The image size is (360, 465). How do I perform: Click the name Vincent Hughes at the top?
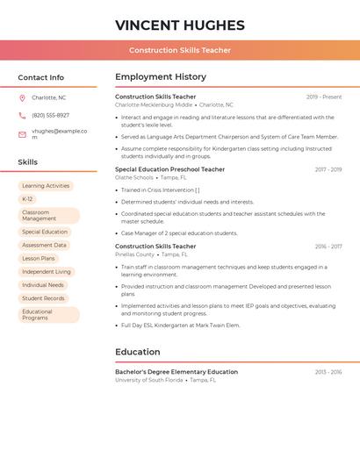[180, 25]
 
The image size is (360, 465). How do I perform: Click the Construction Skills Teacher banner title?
[180, 50]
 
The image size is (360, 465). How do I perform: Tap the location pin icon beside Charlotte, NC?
[22, 97]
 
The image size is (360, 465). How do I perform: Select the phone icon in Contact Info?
[22, 115]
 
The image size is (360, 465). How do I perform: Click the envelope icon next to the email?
[22, 134]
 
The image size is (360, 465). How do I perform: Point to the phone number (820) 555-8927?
[50, 115]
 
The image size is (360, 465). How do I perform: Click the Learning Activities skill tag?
[46, 186]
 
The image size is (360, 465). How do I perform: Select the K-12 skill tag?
[27, 199]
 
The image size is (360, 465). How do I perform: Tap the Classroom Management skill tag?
[48, 216]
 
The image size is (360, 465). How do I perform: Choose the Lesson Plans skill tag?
[39, 259]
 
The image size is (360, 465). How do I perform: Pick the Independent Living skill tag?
[47, 272]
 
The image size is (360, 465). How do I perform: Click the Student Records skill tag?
[43, 298]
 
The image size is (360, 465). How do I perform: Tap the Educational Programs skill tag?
[48, 315]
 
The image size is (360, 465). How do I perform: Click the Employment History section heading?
[161, 77]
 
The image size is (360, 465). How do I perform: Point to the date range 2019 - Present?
[324, 97]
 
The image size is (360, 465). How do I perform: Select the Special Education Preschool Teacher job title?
[169, 169]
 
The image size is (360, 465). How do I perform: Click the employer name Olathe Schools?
[134, 177]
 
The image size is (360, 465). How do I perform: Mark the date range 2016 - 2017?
[328, 247]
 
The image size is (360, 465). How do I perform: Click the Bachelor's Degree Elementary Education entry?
[176, 372]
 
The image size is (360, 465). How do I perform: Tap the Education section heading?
[137, 352]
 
